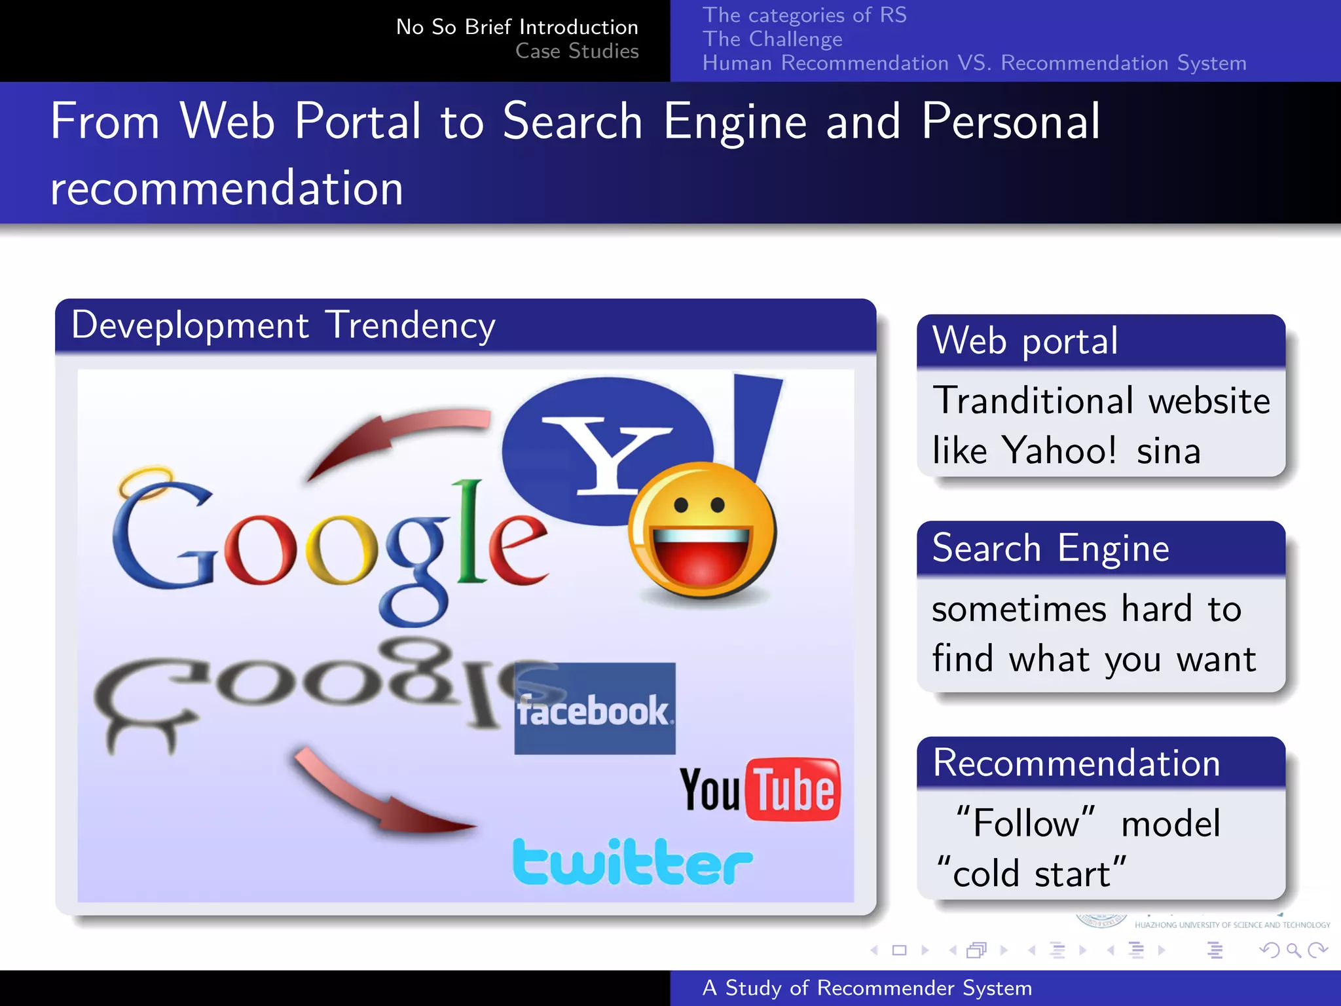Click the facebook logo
click(x=595, y=709)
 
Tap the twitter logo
click(x=633, y=862)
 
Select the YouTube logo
click(x=760, y=790)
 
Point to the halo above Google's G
click(x=145, y=482)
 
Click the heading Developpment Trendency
click(x=283, y=326)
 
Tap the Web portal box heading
click(x=1025, y=341)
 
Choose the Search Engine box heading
click(x=1050, y=548)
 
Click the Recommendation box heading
click(x=1076, y=763)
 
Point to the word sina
click(x=1168, y=451)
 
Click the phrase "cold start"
click(x=1031, y=873)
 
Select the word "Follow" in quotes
click(x=1025, y=823)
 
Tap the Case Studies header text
click(x=576, y=51)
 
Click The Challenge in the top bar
click(x=772, y=39)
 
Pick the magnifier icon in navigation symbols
click(x=1293, y=950)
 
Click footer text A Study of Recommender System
click(x=867, y=988)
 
